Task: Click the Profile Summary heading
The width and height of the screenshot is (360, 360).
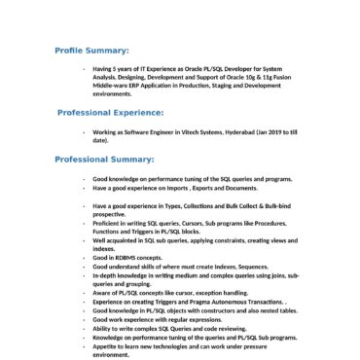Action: coord(91,48)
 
